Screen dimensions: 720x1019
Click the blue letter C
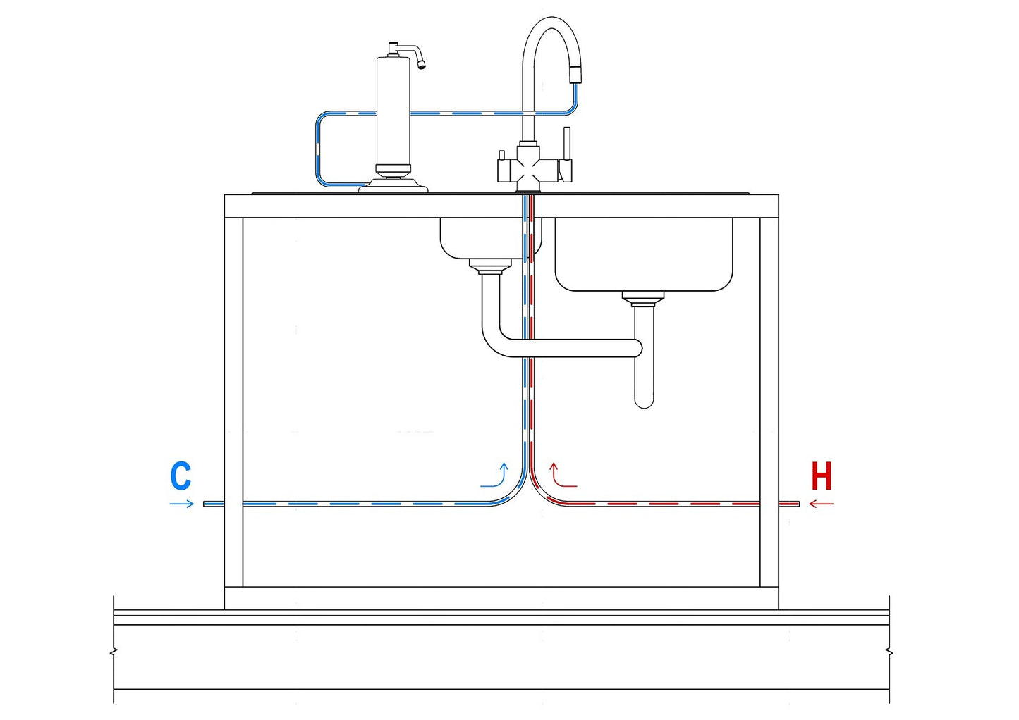(181, 476)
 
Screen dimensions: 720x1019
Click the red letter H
(822, 476)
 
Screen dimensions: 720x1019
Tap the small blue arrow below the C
(181, 503)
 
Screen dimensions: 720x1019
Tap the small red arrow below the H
(821, 503)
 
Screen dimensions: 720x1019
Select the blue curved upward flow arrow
(496, 476)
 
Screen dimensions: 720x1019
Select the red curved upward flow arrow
(561, 476)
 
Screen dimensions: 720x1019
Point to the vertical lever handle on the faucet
(566, 144)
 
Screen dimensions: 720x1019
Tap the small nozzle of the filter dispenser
(421, 65)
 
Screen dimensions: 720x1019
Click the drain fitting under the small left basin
(490, 266)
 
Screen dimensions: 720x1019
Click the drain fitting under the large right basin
(643, 299)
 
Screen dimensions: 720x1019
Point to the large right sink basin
(643, 254)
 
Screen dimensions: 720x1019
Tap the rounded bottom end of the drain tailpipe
(643, 402)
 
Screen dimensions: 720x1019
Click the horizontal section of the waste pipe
(571, 348)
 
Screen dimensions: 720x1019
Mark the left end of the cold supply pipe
(206, 503)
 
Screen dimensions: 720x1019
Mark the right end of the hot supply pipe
(797, 503)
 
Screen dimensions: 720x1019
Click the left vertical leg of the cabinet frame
(233, 402)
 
